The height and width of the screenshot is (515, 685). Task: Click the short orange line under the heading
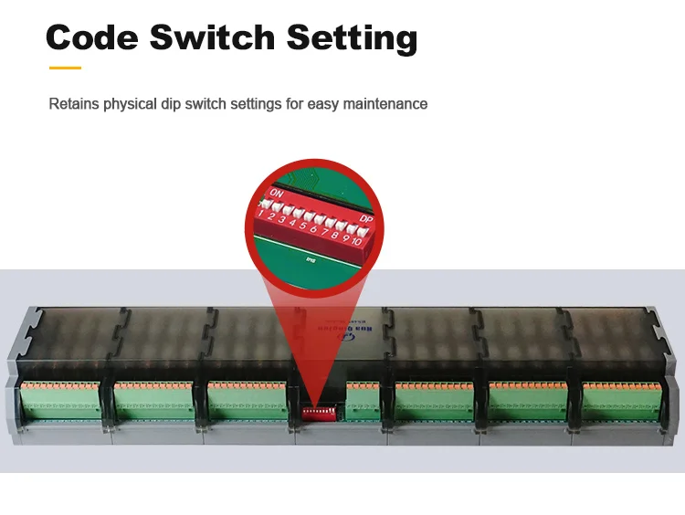pos(64,67)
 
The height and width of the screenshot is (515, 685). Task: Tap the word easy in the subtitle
pos(323,104)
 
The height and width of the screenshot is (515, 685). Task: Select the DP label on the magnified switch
pos(365,219)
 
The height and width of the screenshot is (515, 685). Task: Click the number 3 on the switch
pos(282,219)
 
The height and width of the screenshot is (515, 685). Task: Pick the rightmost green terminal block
pos(622,401)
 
